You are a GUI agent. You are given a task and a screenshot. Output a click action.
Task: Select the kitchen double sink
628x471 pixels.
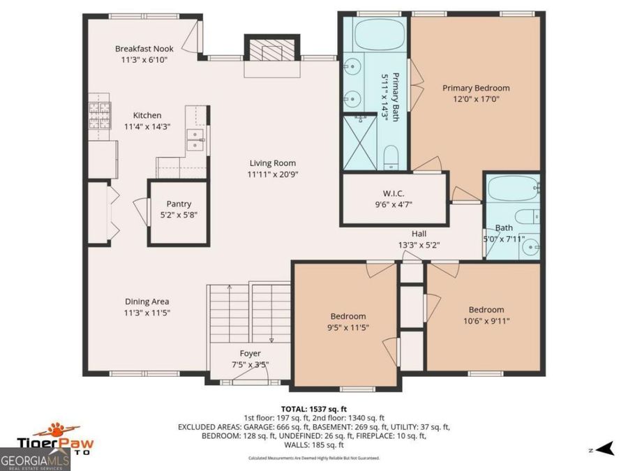click(195, 140)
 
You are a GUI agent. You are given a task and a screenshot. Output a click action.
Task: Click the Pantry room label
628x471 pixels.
click(179, 204)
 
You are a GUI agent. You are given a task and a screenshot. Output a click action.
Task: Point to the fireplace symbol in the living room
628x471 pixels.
click(270, 51)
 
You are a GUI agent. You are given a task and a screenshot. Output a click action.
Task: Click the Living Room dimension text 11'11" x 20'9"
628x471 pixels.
click(273, 174)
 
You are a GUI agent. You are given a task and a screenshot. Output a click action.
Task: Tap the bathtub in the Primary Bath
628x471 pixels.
click(375, 36)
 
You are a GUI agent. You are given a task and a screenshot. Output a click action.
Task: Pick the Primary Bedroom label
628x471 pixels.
click(476, 88)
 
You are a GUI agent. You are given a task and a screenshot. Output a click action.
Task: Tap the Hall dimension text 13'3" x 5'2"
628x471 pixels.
click(419, 245)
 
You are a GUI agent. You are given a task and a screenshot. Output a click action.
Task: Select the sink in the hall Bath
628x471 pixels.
click(531, 245)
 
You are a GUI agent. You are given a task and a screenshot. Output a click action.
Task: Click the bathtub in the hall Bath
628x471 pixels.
click(513, 188)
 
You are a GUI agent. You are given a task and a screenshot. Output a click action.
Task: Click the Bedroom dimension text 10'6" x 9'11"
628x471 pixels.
click(486, 321)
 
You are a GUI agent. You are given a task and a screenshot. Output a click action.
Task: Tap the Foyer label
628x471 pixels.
click(251, 353)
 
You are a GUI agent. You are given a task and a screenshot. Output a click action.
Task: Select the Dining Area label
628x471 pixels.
click(147, 301)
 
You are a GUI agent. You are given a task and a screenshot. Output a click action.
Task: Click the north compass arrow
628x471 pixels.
click(605, 448)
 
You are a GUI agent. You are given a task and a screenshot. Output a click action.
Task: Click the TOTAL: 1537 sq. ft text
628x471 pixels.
click(313, 408)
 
